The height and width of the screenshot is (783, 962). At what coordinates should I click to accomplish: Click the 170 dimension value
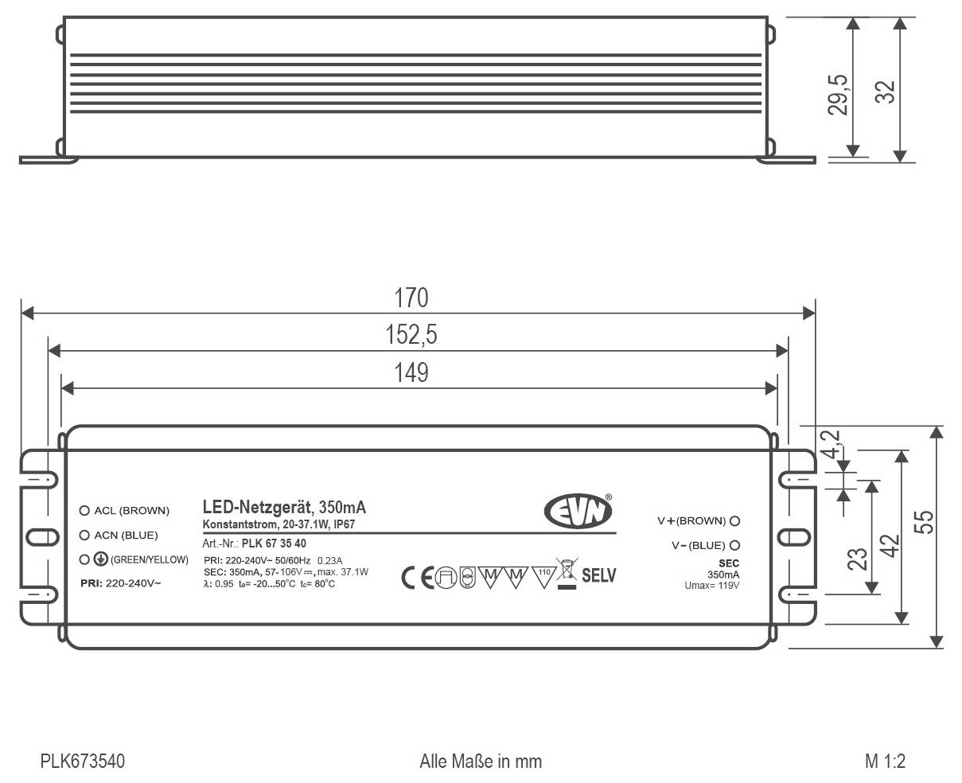tap(411, 298)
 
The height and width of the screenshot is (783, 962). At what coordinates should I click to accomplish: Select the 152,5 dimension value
tap(411, 335)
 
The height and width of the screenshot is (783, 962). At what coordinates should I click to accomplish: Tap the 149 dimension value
tap(411, 372)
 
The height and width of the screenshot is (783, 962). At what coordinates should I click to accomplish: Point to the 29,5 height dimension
tap(837, 95)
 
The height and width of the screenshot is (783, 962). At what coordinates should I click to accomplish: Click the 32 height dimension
tap(885, 92)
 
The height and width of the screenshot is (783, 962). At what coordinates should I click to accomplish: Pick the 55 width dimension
tap(923, 522)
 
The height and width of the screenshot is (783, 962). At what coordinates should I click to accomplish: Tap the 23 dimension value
tap(857, 559)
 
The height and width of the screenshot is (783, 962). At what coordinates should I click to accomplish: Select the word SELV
tap(599, 575)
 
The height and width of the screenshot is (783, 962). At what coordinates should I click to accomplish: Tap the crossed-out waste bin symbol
tap(567, 573)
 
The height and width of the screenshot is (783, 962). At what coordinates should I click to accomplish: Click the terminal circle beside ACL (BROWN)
tap(84, 511)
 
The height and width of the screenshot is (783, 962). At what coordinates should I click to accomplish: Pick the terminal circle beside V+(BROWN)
tap(734, 521)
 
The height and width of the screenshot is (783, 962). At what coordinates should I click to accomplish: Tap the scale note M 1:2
tap(885, 762)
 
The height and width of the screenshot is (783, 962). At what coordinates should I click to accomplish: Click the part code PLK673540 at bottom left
tap(83, 762)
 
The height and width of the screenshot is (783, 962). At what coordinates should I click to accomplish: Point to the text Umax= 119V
tap(711, 586)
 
